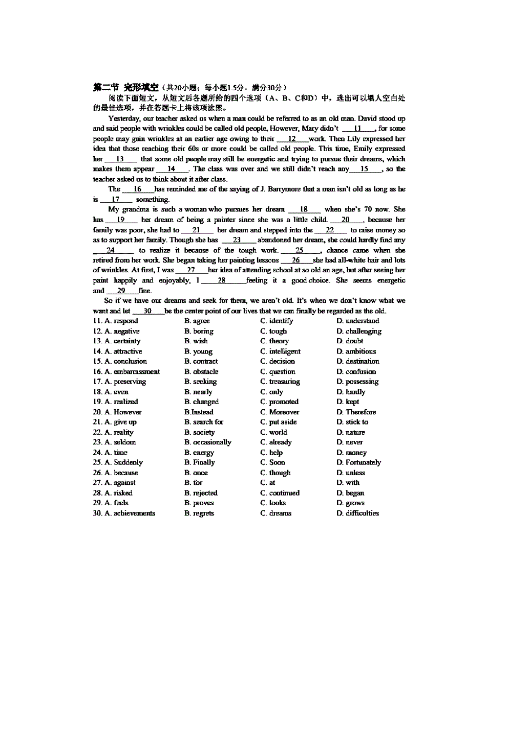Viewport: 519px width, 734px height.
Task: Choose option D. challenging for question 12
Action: (x=359, y=331)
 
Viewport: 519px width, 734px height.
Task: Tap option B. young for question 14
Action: (x=199, y=351)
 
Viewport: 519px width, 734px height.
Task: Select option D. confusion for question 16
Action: (x=357, y=372)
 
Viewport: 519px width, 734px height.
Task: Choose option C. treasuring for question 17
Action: (x=280, y=382)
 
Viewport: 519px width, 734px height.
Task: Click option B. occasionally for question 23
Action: (x=208, y=442)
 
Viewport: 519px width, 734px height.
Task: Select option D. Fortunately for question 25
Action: (x=359, y=462)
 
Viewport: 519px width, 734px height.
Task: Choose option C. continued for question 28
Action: (x=280, y=493)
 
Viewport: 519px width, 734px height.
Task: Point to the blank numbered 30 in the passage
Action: (x=148, y=311)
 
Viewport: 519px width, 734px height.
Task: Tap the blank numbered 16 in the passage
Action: (x=138, y=189)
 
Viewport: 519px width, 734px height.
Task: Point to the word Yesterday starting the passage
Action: (x=124, y=118)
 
